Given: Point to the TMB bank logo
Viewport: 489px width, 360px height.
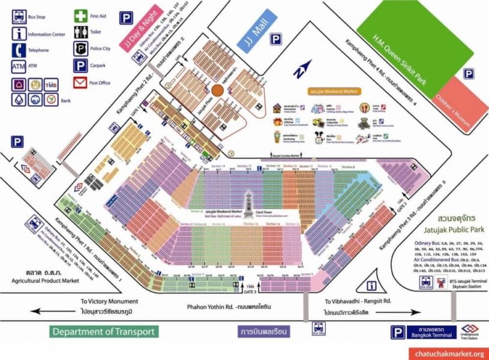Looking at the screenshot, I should point(52,85).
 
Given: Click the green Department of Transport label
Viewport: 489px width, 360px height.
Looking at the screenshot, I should point(103,331).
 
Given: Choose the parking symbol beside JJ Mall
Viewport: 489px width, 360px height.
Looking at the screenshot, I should point(275,40).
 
